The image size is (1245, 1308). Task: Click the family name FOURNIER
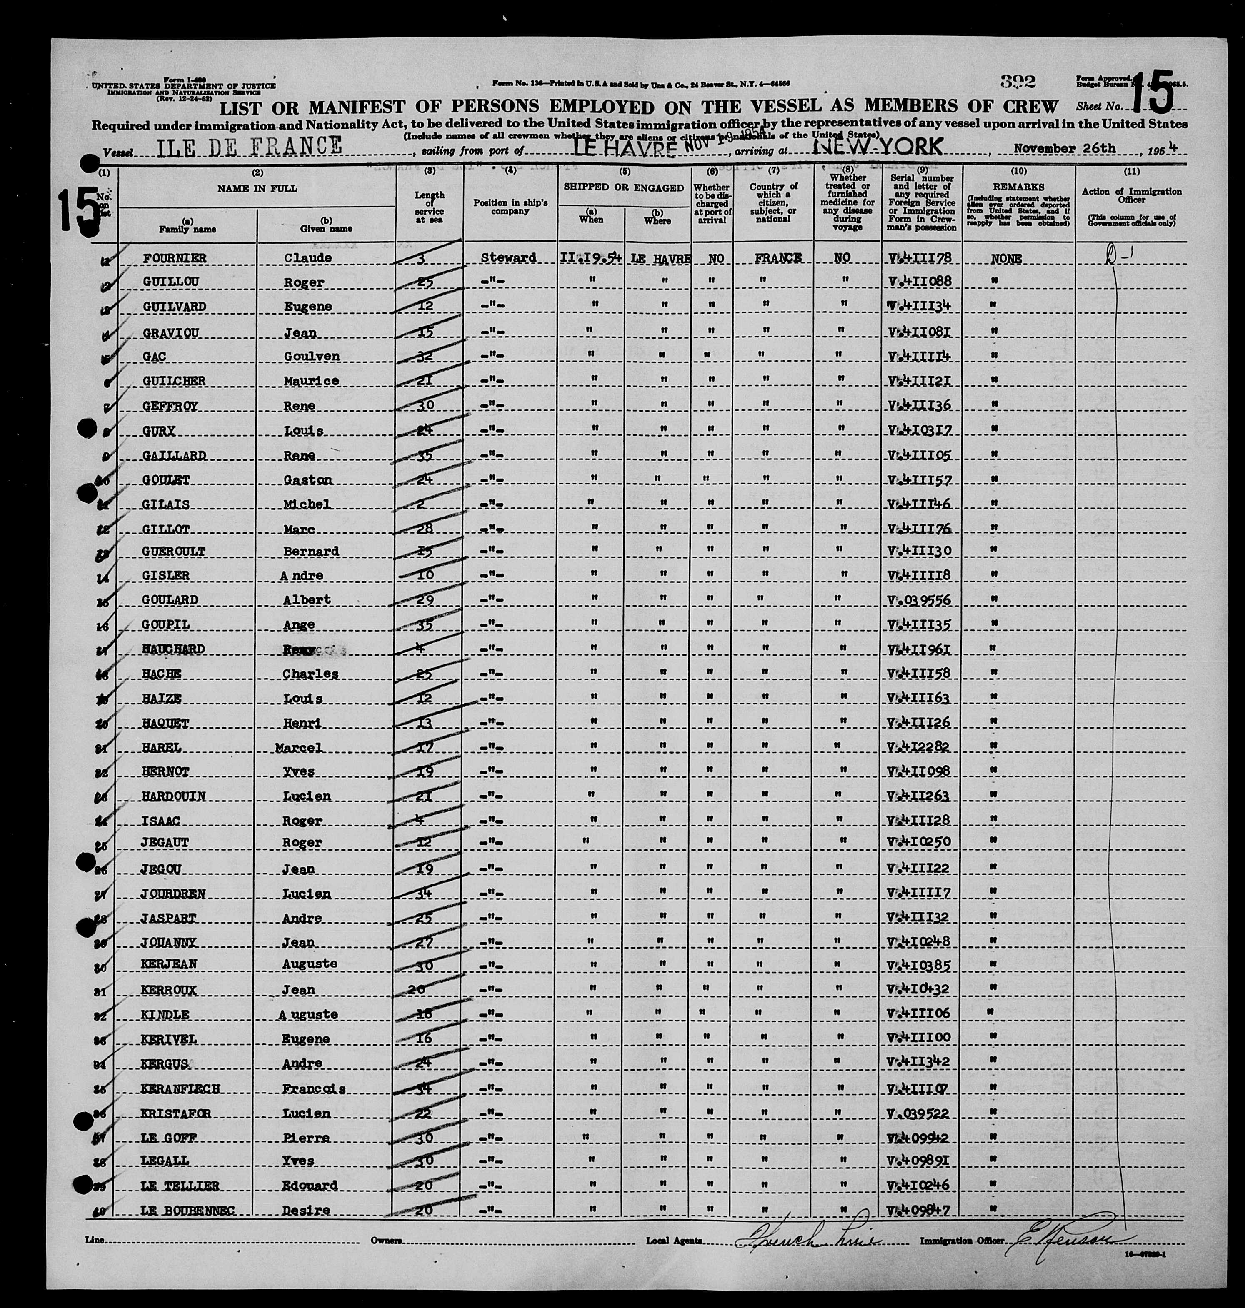[174, 257]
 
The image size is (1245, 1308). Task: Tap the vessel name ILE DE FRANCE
[250, 146]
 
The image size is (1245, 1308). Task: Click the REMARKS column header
[1018, 188]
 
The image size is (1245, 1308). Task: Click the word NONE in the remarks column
[1005, 258]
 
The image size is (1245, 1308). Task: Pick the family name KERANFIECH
[180, 1089]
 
